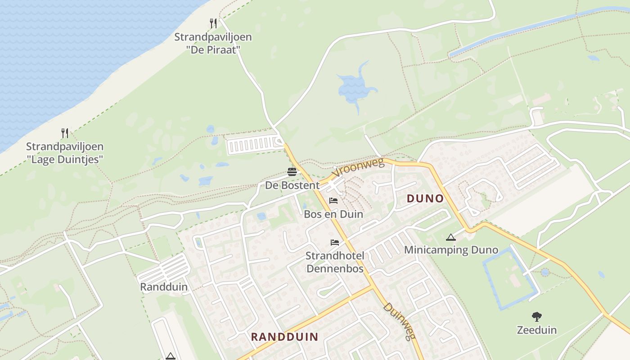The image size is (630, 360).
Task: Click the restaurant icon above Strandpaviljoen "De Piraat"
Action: (x=213, y=23)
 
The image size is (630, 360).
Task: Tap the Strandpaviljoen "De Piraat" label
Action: (x=213, y=43)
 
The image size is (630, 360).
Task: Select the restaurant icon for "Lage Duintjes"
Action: (x=65, y=133)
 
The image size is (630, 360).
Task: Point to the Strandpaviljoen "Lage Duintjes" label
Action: (x=65, y=153)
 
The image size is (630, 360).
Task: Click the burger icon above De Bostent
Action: (x=292, y=172)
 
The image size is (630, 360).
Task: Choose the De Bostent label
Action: (x=292, y=185)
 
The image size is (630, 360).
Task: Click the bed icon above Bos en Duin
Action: (x=333, y=200)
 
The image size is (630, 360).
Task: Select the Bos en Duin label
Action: (x=333, y=214)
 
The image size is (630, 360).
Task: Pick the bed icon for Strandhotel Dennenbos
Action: (x=334, y=243)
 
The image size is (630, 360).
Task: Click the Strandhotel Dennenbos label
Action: (x=335, y=262)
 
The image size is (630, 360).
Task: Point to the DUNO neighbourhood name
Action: (x=425, y=198)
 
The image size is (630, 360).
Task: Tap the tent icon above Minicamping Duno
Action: (x=451, y=237)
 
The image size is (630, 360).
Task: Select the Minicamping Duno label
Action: (x=451, y=250)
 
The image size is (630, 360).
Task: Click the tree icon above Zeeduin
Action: (x=536, y=316)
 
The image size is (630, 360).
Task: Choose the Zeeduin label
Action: (x=536, y=330)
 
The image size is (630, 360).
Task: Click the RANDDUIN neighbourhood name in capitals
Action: (x=284, y=336)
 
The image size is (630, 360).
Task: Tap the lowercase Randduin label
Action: (x=164, y=287)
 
